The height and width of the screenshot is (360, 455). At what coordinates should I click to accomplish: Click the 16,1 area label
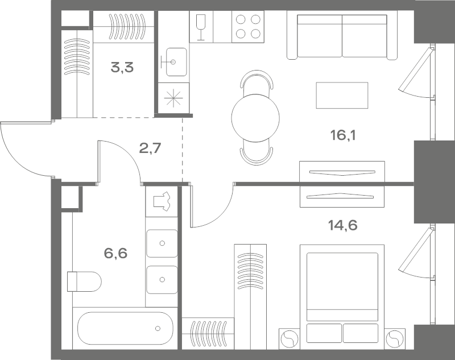343,135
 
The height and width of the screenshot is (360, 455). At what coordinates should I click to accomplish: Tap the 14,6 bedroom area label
342,225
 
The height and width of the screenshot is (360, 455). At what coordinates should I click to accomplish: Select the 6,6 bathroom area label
115,253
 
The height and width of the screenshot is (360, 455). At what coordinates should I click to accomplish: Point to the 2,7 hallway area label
150,148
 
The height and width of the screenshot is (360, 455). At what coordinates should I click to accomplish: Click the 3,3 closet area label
122,68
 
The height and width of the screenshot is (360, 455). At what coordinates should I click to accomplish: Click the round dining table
255,118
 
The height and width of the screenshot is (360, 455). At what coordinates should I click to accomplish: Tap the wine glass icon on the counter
201,27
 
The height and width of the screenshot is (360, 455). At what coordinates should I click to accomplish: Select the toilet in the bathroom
84,282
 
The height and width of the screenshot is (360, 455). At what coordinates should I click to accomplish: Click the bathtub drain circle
158,328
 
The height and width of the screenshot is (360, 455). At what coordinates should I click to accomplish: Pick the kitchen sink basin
176,62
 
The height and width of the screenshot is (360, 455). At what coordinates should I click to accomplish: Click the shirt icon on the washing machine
162,201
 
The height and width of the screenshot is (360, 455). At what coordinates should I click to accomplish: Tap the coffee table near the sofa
342,96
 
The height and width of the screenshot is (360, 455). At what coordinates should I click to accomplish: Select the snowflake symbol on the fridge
173,98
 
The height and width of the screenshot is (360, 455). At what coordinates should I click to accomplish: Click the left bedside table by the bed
289,338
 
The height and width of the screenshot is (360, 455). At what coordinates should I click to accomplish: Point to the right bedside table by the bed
395,338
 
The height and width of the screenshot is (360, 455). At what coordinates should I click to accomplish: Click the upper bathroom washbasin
162,243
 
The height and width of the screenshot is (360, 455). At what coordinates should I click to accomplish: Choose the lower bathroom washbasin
162,280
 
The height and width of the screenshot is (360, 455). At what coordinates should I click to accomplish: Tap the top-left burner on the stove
241,19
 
